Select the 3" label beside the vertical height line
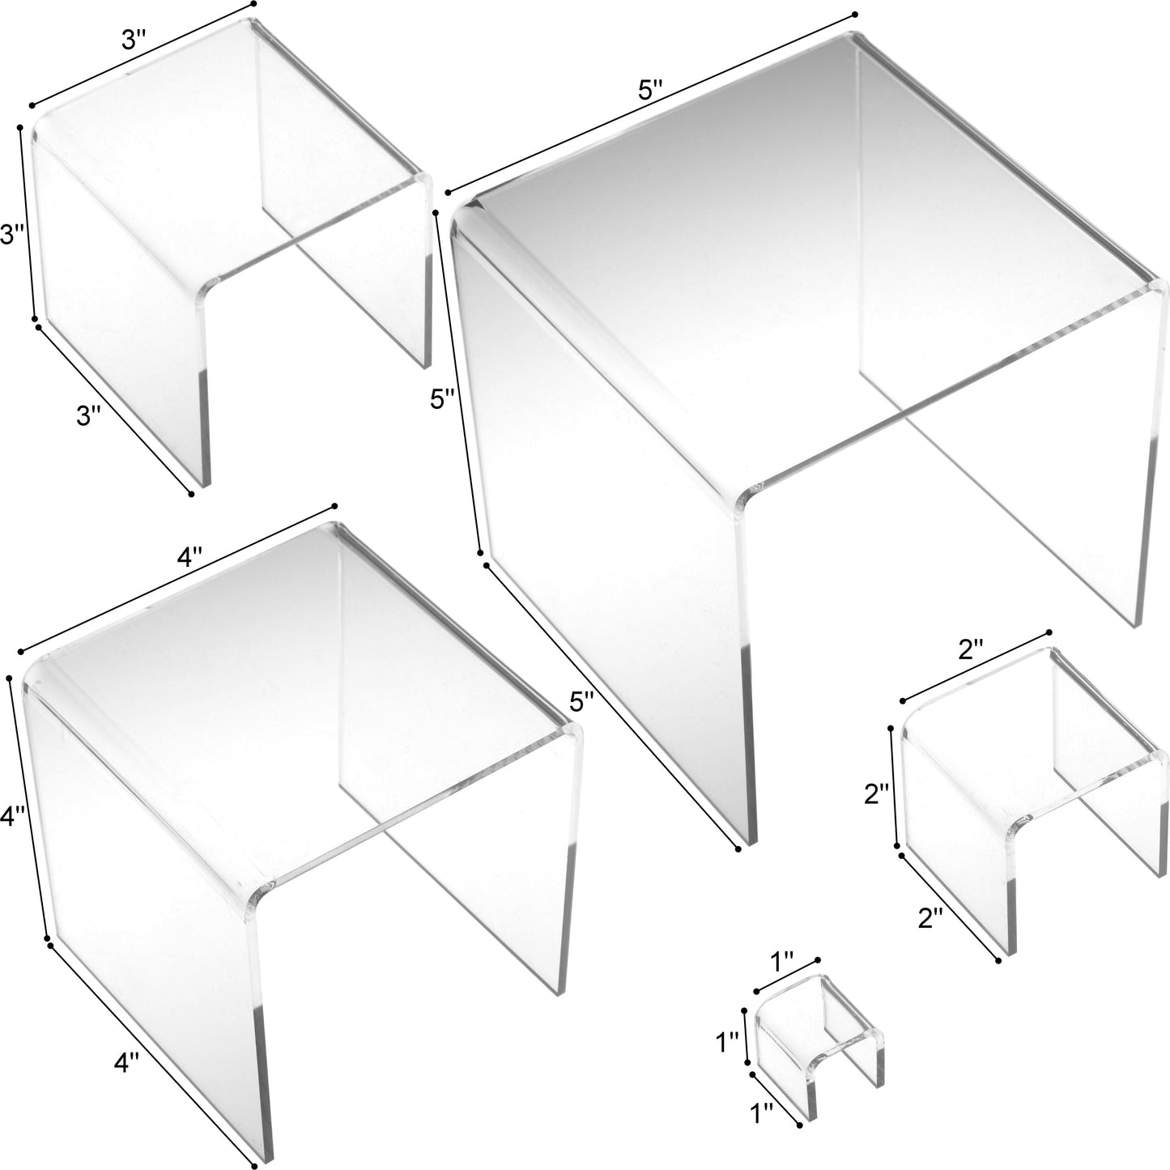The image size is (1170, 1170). pyautogui.click(x=11, y=236)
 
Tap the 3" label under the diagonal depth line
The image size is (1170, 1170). pyautogui.click(x=88, y=415)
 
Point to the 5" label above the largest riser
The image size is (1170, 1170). pyautogui.click(x=650, y=90)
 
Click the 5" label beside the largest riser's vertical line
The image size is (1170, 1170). pyautogui.click(x=445, y=399)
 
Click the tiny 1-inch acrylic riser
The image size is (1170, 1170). pyautogui.click(x=818, y=1044)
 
